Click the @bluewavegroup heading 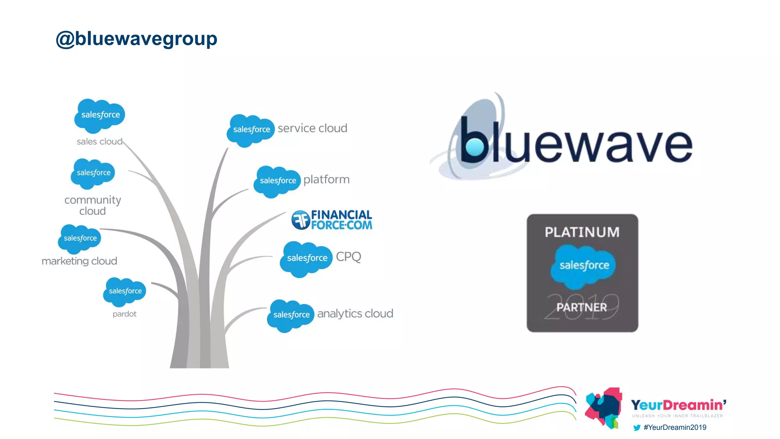[x=136, y=39]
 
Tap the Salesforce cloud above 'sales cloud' [x=100, y=115]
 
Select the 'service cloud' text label [x=312, y=128]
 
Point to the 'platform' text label [x=326, y=179]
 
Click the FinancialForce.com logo [x=332, y=220]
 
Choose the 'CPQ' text [x=348, y=257]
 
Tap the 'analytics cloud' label [x=355, y=314]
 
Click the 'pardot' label [x=124, y=314]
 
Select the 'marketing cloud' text [x=79, y=261]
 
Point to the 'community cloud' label [x=93, y=205]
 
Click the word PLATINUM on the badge [x=582, y=232]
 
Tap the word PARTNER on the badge [x=582, y=307]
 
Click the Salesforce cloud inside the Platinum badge [x=583, y=266]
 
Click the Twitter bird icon [x=636, y=428]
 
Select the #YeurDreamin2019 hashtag [x=675, y=428]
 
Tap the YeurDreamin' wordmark [x=678, y=405]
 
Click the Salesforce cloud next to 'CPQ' [x=306, y=258]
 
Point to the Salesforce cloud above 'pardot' [x=125, y=292]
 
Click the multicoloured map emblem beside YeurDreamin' [x=604, y=407]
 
